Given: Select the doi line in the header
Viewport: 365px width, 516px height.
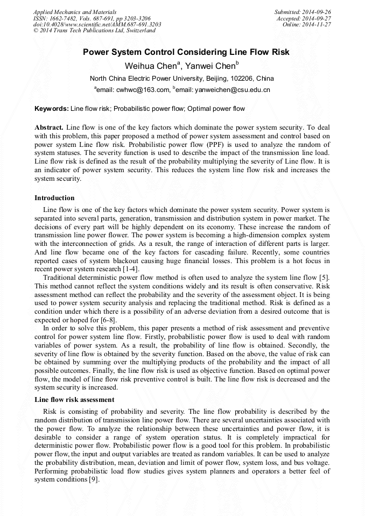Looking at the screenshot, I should point(97,24).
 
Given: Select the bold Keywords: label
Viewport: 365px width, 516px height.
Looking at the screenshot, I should point(52,109).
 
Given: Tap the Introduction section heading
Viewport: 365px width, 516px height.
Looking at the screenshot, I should point(54,198).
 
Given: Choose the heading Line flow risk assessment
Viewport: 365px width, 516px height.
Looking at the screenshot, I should point(74,400).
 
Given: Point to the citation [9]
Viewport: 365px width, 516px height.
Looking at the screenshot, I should point(93,479).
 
